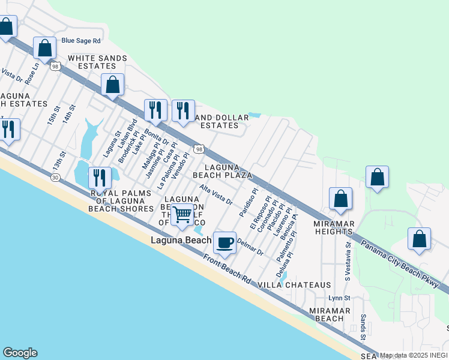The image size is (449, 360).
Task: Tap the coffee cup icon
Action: click(224, 242)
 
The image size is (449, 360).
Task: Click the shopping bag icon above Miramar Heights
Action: click(340, 199)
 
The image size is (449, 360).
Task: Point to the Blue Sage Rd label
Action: click(81, 41)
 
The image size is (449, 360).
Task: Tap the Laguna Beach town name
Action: click(180, 241)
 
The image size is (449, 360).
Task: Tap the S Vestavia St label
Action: click(347, 262)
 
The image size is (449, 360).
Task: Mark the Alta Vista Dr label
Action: click(216, 195)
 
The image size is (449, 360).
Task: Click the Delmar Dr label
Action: click(250, 247)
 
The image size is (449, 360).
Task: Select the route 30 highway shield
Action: click(55, 178)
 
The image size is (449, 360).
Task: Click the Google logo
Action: click(20, 353)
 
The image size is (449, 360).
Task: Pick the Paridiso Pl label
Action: click(248, 203)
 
